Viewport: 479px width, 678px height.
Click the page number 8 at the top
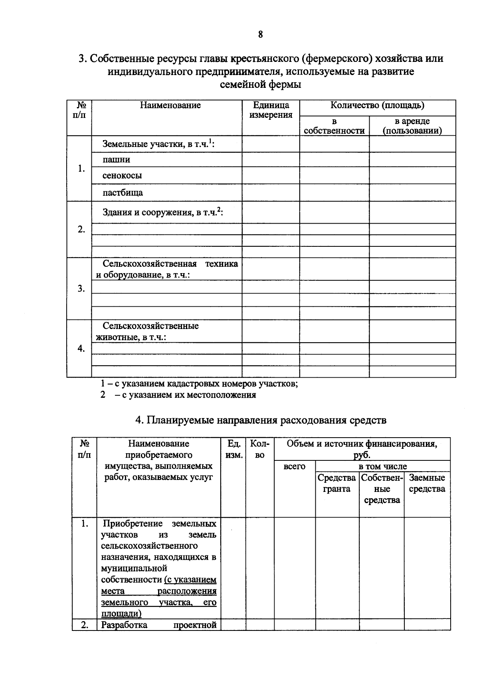click(x=260, y=35)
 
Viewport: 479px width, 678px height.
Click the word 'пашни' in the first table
click(x=116, y=160)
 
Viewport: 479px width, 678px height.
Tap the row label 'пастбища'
click(x=123, y=193)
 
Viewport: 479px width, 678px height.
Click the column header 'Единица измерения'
click(x=271, y=110)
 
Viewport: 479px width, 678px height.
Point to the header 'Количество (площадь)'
click(x=377, y=106)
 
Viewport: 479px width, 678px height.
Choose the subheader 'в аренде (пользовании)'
click(x=412, y=126)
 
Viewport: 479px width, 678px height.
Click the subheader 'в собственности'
click(x=334, y=126)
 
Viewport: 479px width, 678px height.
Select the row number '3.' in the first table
click(x=81, y=289)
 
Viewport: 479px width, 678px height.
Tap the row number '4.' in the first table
click(x=81, y=349)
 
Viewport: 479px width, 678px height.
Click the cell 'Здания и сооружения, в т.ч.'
click(x=162, y=212)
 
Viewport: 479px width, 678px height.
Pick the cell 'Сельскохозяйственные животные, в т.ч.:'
click(x=147, y=331)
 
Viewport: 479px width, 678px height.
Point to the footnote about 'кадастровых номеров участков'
click(x=199, y=384)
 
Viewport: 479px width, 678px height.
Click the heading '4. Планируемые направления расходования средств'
click(x=261, y=420)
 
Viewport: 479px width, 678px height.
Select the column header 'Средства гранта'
click(x=336, y=483)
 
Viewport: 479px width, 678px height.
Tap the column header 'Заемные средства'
click(x=427, y=483)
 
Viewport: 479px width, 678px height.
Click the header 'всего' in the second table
click(x=294, y=466)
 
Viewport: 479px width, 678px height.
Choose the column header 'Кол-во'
click(x=259, y=449)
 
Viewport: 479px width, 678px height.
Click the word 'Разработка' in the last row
click(x=124, y=625)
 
